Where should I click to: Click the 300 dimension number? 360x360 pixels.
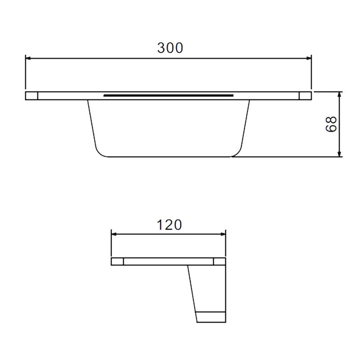click(x=170, y=48)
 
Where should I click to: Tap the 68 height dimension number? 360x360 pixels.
click(x=331, y=124)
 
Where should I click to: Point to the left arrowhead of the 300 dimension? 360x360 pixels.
click(x=28, y=58)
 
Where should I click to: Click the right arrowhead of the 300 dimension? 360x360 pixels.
click(x=308, y=58)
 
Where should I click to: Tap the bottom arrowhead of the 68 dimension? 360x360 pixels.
click(x=340, y=154)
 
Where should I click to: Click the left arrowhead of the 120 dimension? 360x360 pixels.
click(x=114, y=234)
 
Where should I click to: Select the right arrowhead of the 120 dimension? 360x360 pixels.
click(x=223, y=234)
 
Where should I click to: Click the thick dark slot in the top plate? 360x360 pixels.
click(x=168, y=95)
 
